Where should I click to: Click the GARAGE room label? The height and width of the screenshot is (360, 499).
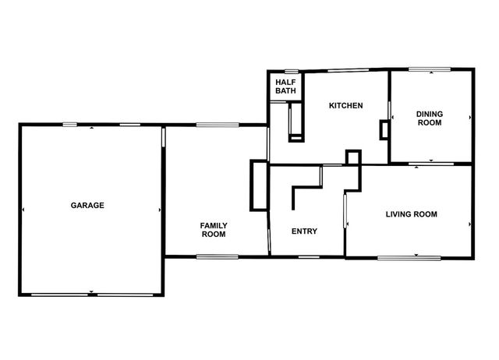87,206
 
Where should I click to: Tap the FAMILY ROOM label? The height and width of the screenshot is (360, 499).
213,229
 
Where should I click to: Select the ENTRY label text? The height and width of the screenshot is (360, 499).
303,231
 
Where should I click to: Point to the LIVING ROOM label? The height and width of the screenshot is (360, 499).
411,214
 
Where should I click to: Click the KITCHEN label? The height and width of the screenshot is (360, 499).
345,106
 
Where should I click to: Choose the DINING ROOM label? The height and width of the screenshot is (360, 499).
430,118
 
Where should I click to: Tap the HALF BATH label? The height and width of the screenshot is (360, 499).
285,86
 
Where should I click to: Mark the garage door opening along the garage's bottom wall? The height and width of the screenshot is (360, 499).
91,293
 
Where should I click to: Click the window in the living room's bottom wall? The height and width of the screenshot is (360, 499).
410,257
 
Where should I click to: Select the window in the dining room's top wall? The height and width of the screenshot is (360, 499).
430,69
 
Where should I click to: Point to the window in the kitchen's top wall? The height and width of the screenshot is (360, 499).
347,71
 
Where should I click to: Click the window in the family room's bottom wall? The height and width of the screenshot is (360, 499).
217,256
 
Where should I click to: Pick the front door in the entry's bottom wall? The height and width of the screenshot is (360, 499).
309,256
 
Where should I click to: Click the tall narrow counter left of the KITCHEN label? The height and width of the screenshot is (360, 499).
296,122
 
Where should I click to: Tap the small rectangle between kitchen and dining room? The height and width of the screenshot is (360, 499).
384,129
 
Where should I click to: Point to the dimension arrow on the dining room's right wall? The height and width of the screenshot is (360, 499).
470,118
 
